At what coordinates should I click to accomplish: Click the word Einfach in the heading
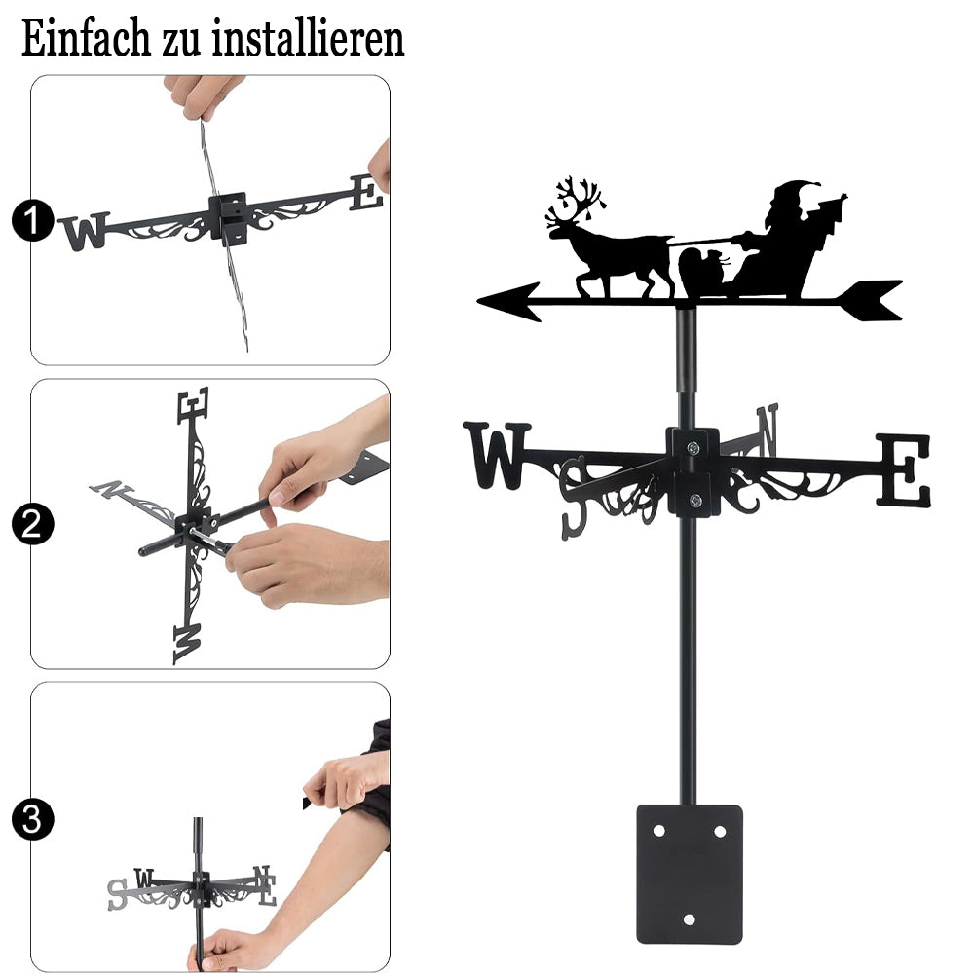click(x=86, y=39)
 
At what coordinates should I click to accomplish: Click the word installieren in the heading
click(x=308, y=39)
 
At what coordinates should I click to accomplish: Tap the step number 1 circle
click(x=32, y=220)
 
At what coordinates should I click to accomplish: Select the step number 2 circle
click(x=32, y=524)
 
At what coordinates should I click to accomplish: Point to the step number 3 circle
click(x=32, y=819)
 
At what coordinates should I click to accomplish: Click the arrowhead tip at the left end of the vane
click(x=478, y=301)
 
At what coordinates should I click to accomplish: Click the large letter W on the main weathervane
click(x=497, y=455)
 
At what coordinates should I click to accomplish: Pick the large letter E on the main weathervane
click(x=904, y=469)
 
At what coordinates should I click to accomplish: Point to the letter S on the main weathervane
click(x=574, y=497)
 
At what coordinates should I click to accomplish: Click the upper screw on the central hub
click(x=693, y=447)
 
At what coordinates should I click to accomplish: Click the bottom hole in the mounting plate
click(x=689, y=919)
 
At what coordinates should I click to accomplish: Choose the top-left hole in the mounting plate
click(x=659, y=831)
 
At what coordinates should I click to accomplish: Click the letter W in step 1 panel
click(x=85, y=231)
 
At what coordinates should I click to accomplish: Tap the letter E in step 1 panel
click(x=366, y=193)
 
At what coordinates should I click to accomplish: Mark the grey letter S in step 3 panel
click(x=118, y=894)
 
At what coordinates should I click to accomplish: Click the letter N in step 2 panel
click(x=111, y=489)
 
